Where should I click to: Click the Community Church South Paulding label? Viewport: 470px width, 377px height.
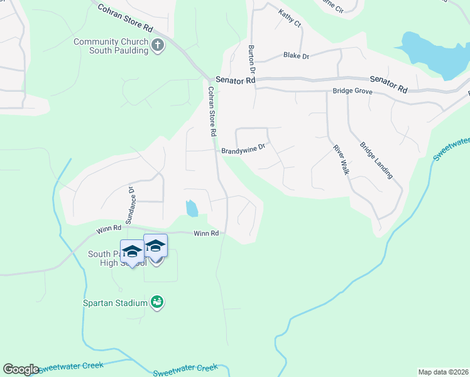click(x=111, y=46)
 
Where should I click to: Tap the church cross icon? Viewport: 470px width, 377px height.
click(x=157, y=45)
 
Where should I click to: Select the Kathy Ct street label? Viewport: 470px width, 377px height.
click(x=290, y=17)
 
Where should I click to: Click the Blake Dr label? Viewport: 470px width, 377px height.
click(x=297, y=56)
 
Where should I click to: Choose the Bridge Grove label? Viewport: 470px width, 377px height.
click(x=352, y=92)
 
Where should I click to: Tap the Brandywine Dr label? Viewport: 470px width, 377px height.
click(x=244, y=151)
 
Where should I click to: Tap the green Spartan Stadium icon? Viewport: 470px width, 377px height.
click(x=158, y=303)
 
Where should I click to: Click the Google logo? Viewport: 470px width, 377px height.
click(x=21, y=369)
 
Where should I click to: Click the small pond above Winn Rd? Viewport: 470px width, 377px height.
click(x=192, y=208)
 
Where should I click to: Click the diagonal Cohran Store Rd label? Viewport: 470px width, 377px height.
click(x=126, y=18)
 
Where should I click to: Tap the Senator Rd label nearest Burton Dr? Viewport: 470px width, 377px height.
click(x=235, y=80)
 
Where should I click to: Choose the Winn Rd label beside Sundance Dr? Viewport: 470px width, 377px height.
click(x=109, y=230)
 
